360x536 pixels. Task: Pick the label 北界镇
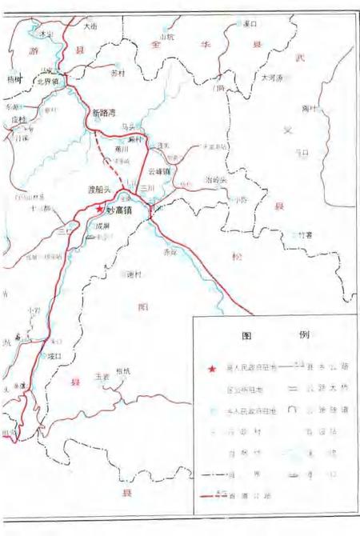coord(49,81)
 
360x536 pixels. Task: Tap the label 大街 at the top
coord(90,26)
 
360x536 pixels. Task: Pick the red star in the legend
coord(211,369)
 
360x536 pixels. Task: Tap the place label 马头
coord(126,126)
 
